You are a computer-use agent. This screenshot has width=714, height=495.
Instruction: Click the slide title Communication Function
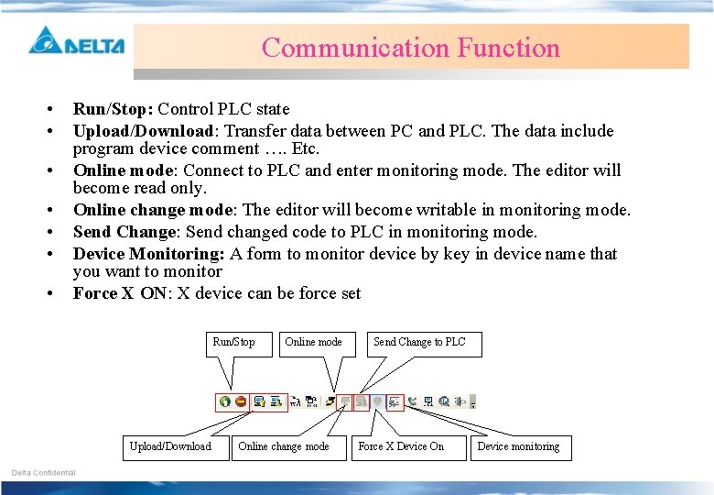pyautogui.click(x=410, y=48)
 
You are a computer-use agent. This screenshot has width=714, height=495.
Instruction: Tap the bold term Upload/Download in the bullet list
pyautogui.click(x=144, y=131)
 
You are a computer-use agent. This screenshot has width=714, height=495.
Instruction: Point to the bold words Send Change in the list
pyautogui.click(x=124, y=232)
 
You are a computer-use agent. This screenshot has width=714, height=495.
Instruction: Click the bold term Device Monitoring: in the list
pyautogui.click(x=149, y=254)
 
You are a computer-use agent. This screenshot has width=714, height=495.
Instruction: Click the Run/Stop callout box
pyautogui.click(x=233, y=343)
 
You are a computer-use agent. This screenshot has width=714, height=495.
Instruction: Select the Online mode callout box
pyautogui.click(x=313, y=343)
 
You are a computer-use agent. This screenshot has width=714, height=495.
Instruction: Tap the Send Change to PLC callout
pyautogui.click(x=419, y=343)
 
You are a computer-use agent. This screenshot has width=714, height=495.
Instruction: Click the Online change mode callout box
pyautogui.click(x=284, y=447)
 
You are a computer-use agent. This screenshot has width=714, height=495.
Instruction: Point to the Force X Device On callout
pyautogui.click(x=401, y=447)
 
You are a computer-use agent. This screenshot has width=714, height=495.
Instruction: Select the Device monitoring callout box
pyautogui.click(x=518, y=447)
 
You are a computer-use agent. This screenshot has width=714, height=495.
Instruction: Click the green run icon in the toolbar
pyautogui.click(x=225, y=401)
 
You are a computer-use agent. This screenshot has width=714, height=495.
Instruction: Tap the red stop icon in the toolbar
pyautogui.click(x=241, y=401)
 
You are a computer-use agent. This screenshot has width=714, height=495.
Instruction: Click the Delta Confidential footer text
pyautogui.click(x=43, y=473)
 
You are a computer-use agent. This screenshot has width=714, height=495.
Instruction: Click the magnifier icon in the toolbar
pyautogui.click(x=444, y=401)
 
